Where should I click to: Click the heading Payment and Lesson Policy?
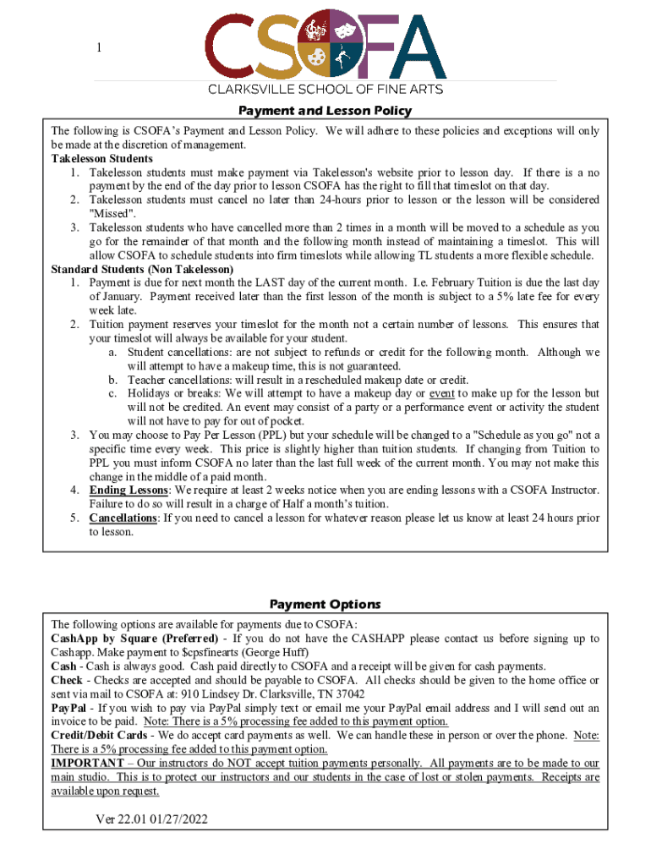click(x=325, y=111)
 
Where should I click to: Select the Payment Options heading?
click(x=325, y=604)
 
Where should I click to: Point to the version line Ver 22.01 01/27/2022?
click(x=151, y=819)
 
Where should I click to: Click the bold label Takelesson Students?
click(x=101, y=159)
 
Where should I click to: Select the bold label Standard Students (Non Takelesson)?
click(x=142, y=269)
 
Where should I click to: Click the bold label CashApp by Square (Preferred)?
click(x=134, y=639)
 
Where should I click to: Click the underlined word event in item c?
click(x=442, y=393)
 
